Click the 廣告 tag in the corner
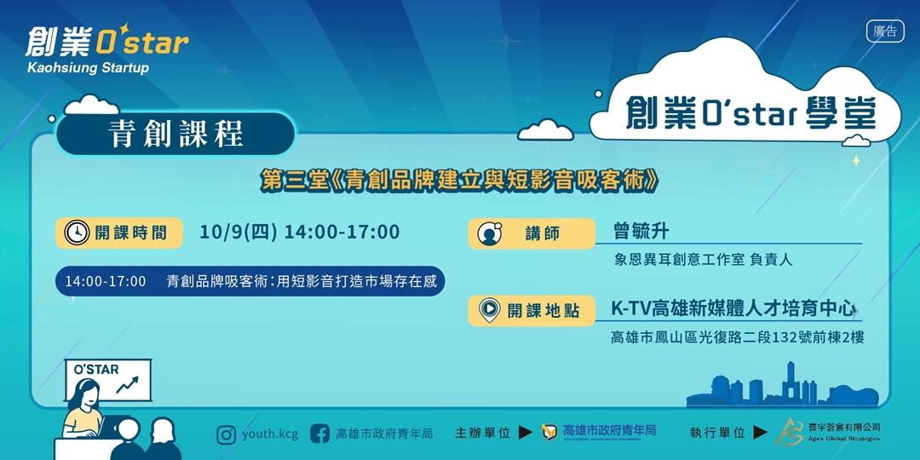point(885,32)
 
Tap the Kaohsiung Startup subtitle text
point(88,67)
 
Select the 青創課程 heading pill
point(176,134)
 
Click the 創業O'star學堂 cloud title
point(750,113)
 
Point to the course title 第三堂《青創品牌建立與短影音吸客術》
point(460,181)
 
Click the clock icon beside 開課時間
point(76,233)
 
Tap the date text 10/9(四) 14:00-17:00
point(299,232)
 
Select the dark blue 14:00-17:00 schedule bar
point(250,281)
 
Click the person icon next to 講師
point(489,233)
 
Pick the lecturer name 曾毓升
point(641,231)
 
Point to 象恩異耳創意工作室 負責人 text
point(703,260)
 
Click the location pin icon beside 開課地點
point(489,310)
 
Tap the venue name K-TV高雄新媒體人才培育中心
point(733,308)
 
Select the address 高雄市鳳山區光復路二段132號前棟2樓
point(737,337)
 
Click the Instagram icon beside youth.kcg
point(226,434)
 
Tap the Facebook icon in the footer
point(319,434)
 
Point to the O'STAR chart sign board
point(107,379)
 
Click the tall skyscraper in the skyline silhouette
point(790,380)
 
